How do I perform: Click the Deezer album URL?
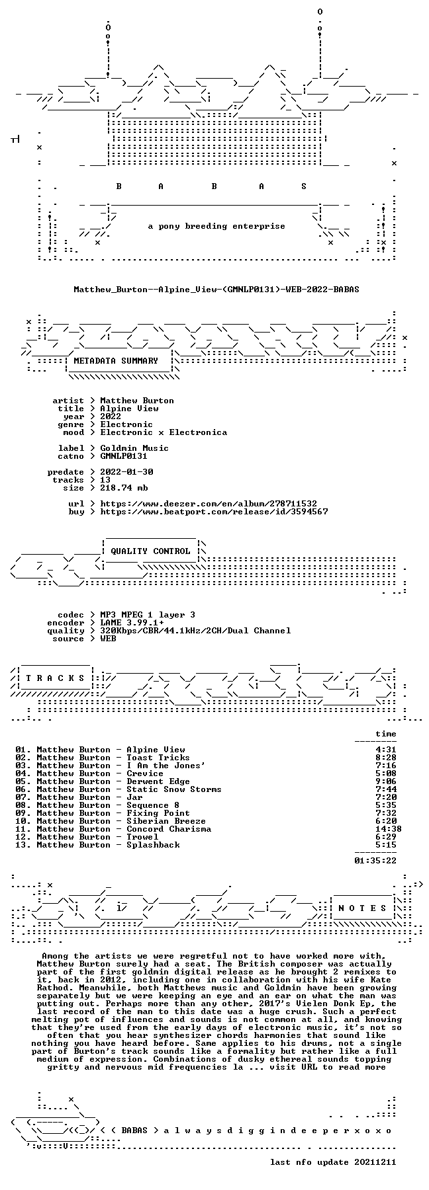(209, 504)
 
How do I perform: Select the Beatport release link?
(214, 512)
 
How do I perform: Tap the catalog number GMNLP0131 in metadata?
(124, 456)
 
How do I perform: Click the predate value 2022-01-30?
(126, 472)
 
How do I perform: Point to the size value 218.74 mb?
(124, 488)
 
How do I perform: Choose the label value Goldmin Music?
(134, 448)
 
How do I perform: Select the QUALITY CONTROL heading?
(150, 551)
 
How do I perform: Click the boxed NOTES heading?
(362, 908)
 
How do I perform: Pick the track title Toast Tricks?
(158, 758)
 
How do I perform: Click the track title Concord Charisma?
(169, 829)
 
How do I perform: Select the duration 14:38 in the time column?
(389, 829)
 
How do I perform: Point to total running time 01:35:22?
(375, 861)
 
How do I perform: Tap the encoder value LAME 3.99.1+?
(132, 623)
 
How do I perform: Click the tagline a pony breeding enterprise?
(216, 226)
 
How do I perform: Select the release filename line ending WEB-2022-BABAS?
(216, 290)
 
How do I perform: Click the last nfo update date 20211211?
(375, 1162)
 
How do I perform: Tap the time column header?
(386, 734)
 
